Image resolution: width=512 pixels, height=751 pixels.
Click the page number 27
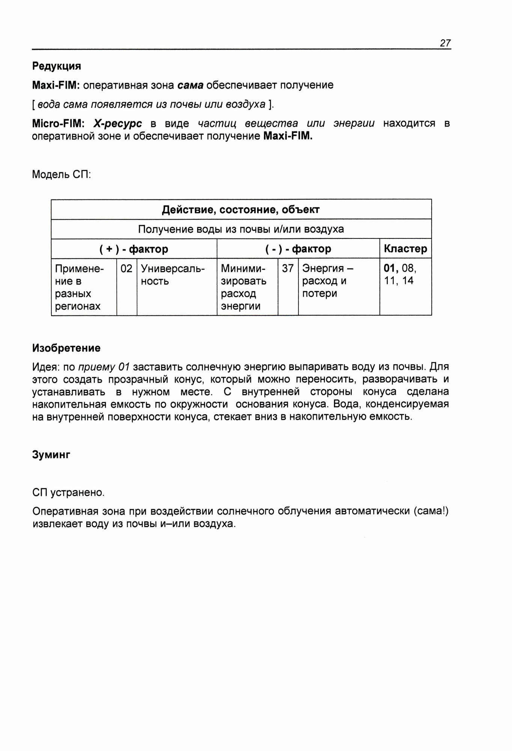click(x=445, y=43)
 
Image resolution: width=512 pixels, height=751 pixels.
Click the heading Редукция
click(x=57, y=66)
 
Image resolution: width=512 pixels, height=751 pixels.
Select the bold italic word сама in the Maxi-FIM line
click(x=190, y=85)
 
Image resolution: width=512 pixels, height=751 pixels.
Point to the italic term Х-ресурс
click(x=117, y=124)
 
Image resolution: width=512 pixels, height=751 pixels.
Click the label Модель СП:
click(x=62, y=175)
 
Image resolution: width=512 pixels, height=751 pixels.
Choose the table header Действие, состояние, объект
click(x=241, y=210)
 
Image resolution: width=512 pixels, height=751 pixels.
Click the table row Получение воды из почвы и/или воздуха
click(x=241, y=229)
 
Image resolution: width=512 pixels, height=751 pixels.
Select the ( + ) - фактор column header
click(x=134, y=249)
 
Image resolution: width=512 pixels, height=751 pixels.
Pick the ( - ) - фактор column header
click(x=298, y=249)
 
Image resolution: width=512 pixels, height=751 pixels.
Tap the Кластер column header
click(x=405, y=249)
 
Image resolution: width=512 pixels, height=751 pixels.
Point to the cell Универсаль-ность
click(x=173, y=275)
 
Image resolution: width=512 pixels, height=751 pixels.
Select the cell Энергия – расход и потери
click(x=328, y=281)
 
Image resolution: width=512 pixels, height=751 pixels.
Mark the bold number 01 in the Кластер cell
click(x=390, y=268)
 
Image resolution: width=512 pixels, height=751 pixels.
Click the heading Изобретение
click(x=66, y=348)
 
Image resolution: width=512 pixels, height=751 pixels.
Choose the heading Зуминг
click(x=51, y=455)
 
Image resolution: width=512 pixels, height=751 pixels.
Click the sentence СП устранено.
click(x=68, y=492)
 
